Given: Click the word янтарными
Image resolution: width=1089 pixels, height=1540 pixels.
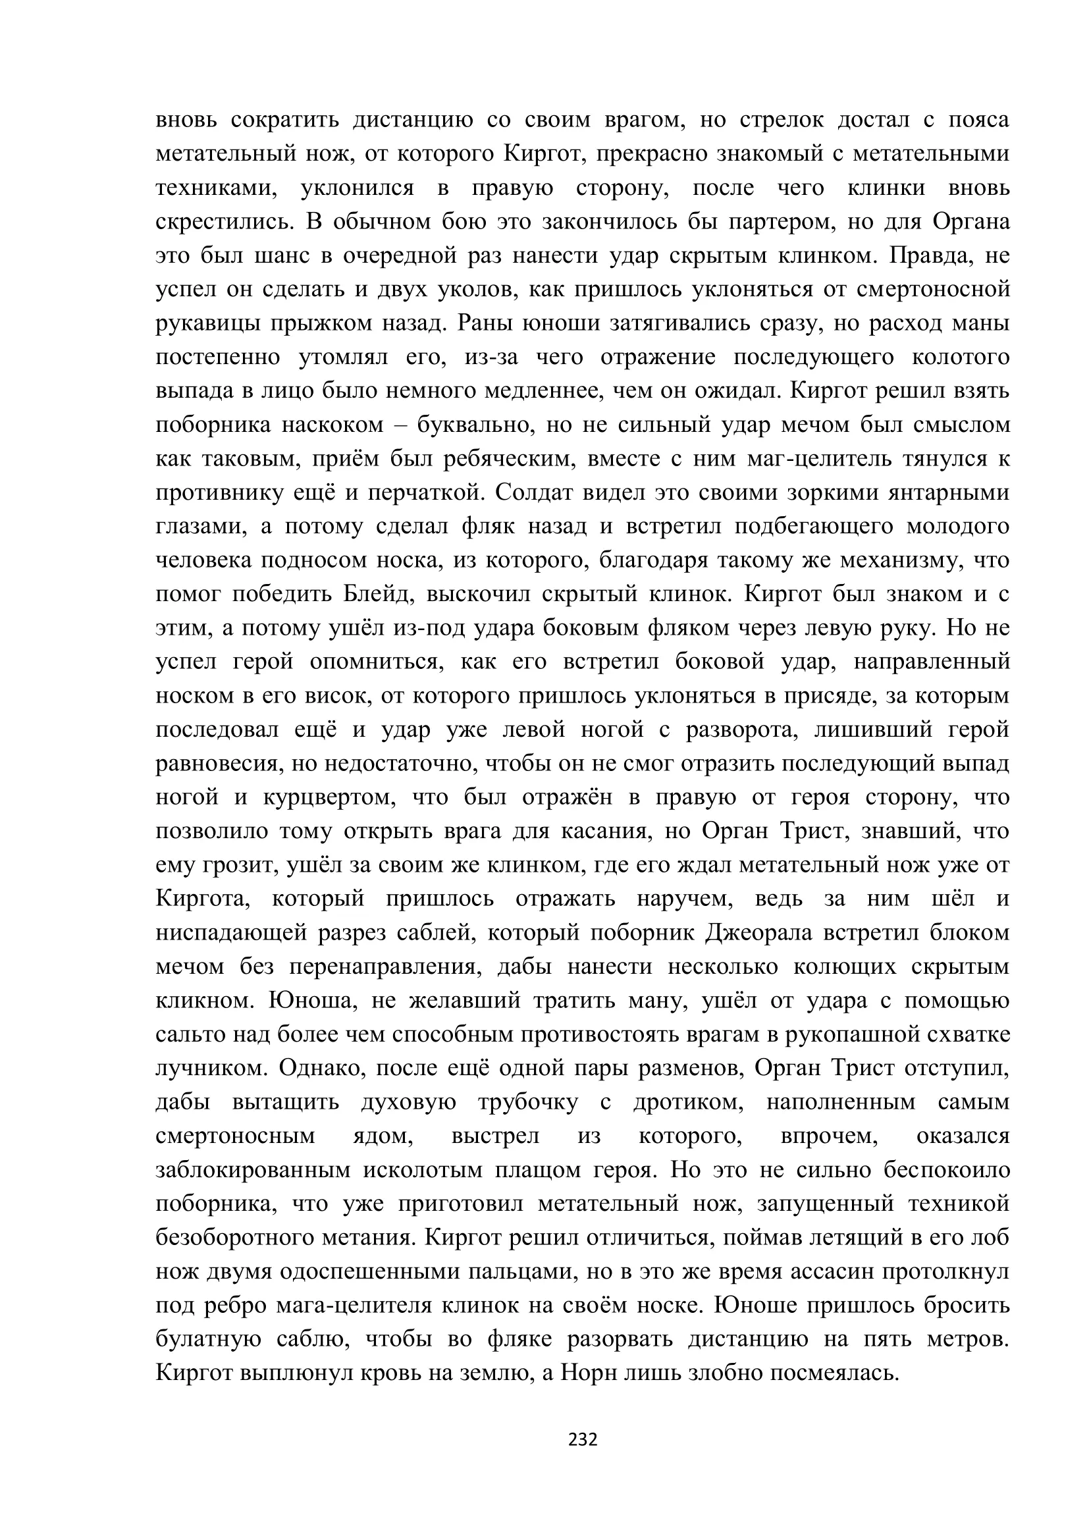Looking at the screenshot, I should point(948,493).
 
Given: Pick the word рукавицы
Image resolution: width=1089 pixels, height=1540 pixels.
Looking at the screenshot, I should point(209,324).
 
